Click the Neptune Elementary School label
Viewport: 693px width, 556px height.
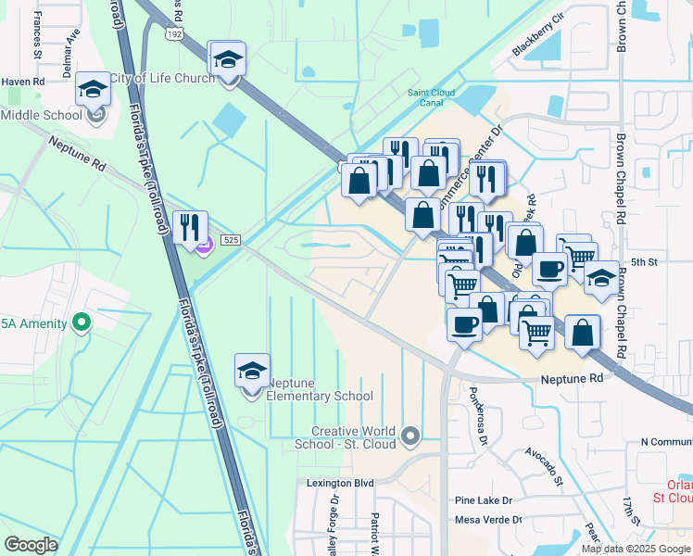click(x=320, y=389)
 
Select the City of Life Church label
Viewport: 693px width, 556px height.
click(x=162, y=78)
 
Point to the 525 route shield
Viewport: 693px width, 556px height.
click(x=231, y=240)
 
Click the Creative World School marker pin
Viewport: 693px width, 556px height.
click(x=411, y=434)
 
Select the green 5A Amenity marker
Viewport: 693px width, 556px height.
click(x=82, y=322)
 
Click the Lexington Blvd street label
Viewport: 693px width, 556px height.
click(x=340, y=483)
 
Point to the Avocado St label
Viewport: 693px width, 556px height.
click(x=545, y=465)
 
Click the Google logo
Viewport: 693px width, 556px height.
click(x=31, y=545)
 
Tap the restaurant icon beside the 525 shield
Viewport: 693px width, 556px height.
click(x=190, y=229)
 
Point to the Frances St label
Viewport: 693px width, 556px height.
click(x=38, y=35)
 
